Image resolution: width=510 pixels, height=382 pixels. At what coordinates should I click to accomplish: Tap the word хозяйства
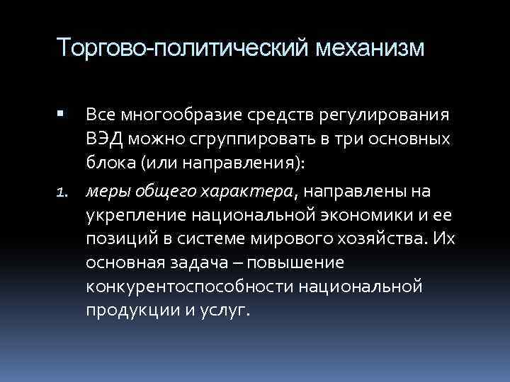tap(381, 239)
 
